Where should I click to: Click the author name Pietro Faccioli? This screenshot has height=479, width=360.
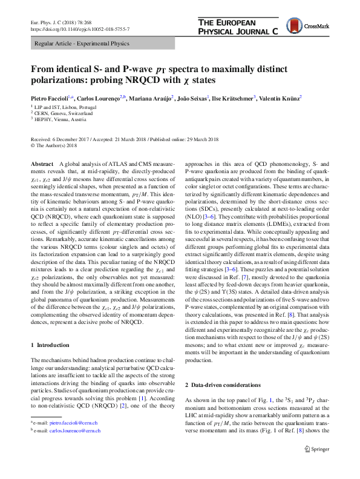51,97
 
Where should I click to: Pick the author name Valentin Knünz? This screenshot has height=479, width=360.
280,97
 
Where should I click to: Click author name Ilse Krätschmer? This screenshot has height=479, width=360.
233,97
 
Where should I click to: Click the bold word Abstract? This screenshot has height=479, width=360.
42,165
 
